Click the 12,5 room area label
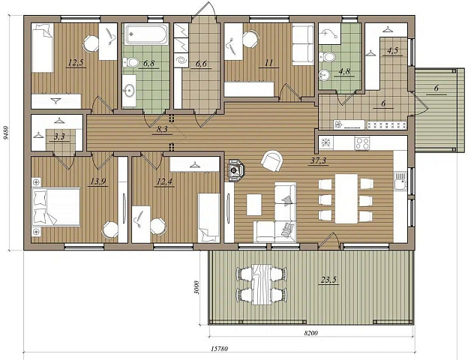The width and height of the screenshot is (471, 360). point(76,63)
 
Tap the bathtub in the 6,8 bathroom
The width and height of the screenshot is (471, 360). point(146,34)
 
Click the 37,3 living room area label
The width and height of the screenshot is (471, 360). point(319,160)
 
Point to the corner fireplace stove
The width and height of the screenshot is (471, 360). point(236,170)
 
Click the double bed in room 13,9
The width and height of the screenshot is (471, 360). point(56,207)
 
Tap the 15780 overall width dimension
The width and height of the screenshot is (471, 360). point(219,349)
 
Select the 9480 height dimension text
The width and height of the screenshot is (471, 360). point(4,133)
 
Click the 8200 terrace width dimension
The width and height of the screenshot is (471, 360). point(311,333)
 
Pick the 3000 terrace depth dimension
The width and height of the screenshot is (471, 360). point(196,287)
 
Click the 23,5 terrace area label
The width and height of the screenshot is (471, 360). point(329,280)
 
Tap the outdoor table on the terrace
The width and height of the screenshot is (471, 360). point(262,284)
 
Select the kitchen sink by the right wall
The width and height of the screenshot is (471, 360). point(400,181)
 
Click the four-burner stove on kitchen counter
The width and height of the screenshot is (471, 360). point(362,143)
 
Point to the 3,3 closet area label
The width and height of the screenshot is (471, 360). point(59,137)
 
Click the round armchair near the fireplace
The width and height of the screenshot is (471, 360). point(272,160)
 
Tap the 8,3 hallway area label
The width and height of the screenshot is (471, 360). point(162,130)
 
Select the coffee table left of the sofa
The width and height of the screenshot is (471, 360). point(254,205)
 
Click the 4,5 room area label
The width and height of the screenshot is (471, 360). point(392,50)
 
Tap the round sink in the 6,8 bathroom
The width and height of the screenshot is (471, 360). point(130,90)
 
